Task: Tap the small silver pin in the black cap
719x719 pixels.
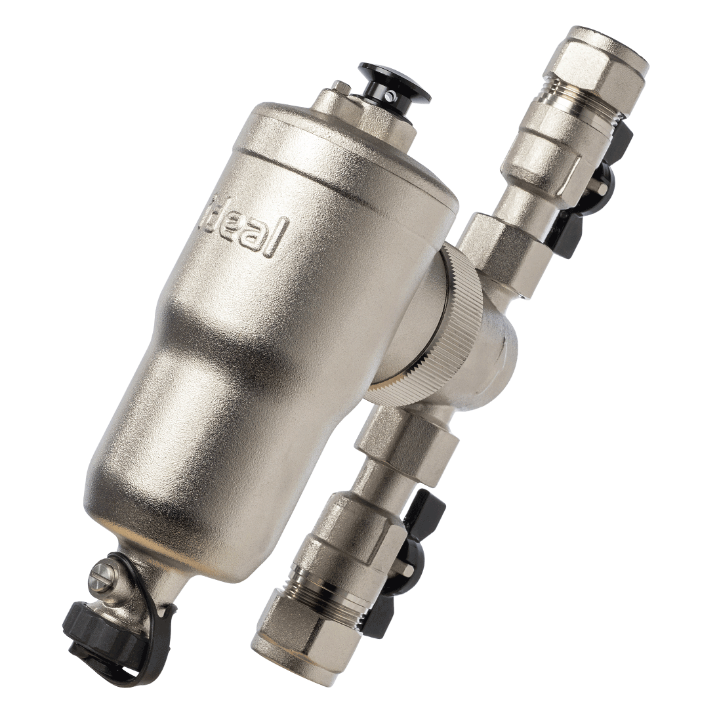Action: point(392,96)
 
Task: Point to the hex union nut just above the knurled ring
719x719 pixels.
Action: point(495,243)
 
